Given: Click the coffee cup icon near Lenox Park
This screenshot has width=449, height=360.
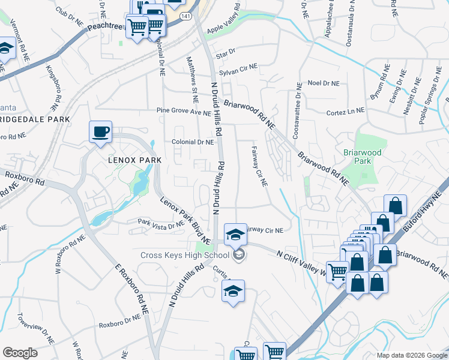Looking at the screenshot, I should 100,131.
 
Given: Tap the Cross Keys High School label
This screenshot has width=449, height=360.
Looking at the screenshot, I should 185,255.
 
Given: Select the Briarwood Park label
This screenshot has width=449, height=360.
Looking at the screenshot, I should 362,157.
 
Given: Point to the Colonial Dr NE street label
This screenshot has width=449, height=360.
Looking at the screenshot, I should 193,143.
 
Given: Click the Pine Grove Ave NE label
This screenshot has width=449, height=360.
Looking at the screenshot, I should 180,111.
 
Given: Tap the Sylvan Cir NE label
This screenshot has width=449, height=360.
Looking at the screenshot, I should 237,71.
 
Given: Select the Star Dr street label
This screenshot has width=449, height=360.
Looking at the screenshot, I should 227,53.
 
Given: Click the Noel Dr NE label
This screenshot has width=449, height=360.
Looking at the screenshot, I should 323,83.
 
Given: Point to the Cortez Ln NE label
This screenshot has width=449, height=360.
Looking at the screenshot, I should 345,111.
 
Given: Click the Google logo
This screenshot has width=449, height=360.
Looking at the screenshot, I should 20,353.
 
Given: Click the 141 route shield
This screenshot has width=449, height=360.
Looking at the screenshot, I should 186,16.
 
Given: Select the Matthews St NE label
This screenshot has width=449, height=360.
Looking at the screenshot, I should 192,78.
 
